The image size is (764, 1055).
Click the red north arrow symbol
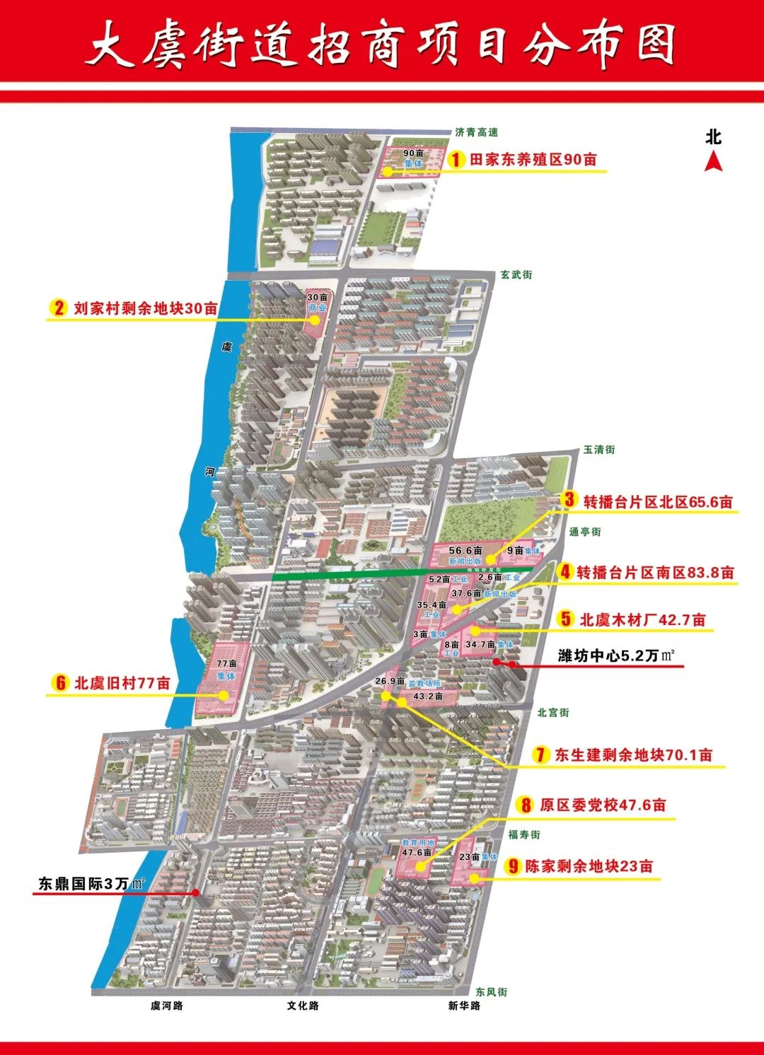[713, 162]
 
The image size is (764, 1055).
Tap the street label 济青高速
[476, 132]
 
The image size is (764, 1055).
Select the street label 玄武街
[516, 275]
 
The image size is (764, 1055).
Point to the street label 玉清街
[598, 450]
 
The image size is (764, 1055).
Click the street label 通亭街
[585, 532]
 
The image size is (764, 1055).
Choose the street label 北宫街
[552, 713]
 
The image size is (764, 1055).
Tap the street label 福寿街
[524, 834]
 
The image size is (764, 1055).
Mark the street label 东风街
[491, 992]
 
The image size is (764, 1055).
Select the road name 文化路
[302, 1006]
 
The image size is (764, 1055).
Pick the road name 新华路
[464, 1006]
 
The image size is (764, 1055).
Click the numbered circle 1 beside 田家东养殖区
[458, 160]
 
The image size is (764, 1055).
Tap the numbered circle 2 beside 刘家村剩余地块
[57, 308]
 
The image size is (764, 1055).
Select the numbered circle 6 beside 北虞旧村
[60, 683]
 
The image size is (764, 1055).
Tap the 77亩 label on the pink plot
[226, 664]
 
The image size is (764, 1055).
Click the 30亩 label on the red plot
[317, 298]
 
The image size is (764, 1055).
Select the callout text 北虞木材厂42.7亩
[642, 620]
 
